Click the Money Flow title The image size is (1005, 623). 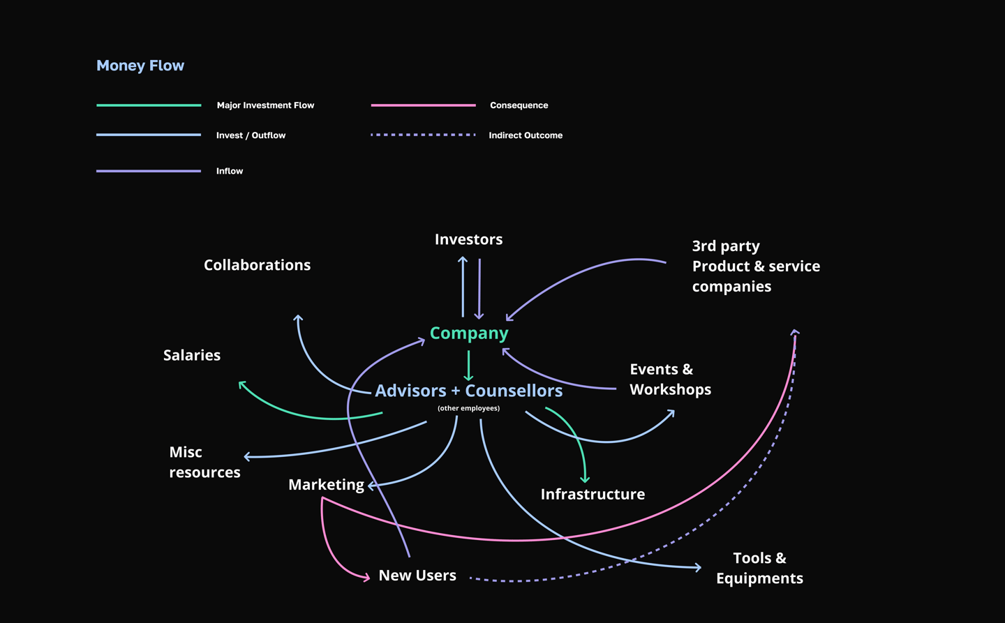tap(140, 66)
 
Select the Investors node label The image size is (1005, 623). tap(468, 239)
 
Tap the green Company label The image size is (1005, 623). tap(469, 333)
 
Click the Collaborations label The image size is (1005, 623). tap(257, 265)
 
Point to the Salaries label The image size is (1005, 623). tap(192, 355)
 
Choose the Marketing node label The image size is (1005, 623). tap(326, 485)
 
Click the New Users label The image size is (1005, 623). tap(417, 576)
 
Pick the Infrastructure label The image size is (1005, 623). tap(593, 495)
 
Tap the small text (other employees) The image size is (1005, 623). tap(468, 408)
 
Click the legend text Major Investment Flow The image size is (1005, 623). tap(265, 105)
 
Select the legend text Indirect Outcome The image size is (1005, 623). tap(526, 135)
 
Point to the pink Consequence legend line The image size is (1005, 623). tap(423, 105)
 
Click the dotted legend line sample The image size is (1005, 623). tap(423, 135)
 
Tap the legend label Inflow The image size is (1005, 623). tap(230, 171)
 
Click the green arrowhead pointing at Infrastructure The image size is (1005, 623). tap(586, 479)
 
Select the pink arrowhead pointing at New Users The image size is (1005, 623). tap(366, 577)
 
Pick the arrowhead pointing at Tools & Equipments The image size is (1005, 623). tap(697, 567)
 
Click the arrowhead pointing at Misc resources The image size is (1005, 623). tap(247, 457)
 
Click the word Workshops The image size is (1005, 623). tap(670, 389)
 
